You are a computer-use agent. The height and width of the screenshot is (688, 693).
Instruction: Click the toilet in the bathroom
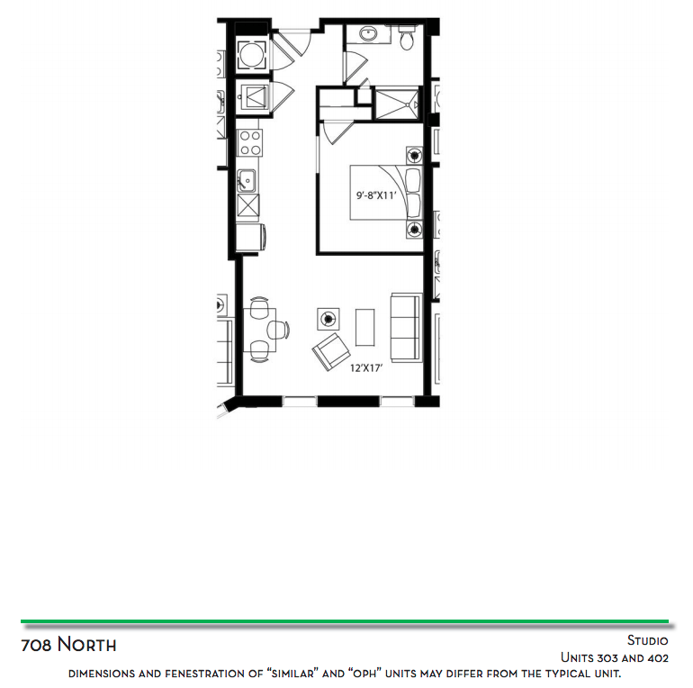(x=407, y=37)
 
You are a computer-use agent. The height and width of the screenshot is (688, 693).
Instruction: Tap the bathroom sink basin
(x=368, y=33)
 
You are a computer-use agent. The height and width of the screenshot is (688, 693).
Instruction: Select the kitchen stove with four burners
(x=249, y=143)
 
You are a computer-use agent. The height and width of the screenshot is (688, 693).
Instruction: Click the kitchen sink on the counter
(x=247, y=181)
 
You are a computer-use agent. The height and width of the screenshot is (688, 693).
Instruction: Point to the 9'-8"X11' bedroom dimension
(x=376, y=195)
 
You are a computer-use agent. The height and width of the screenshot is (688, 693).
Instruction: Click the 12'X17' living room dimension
(x=366, y=368)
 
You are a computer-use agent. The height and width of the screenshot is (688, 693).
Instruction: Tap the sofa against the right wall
(x=406, y=327)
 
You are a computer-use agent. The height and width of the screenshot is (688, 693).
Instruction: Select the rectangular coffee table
(x=365, y=327)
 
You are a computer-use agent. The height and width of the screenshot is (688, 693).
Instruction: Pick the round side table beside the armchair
(x=328, y=319)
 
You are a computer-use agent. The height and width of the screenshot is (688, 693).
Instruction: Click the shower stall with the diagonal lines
(x=397, y=104)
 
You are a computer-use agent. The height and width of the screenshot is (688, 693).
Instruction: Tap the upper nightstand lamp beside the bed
(x=414, y=156)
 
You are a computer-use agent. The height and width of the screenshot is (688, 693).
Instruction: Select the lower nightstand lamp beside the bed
(x=414, y=230)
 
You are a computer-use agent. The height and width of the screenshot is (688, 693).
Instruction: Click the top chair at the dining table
(x=259, y=307)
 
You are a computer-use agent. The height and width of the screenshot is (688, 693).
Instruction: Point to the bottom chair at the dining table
(x=259, y=351)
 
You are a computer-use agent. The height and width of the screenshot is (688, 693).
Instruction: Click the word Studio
(x=647, y=640)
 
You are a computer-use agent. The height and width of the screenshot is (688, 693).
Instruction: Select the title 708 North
(x=68, y=645)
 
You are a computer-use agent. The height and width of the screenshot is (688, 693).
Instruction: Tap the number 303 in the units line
(x=608, y=658)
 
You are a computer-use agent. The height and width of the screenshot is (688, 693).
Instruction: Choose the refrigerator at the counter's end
(x=250, y=237)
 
